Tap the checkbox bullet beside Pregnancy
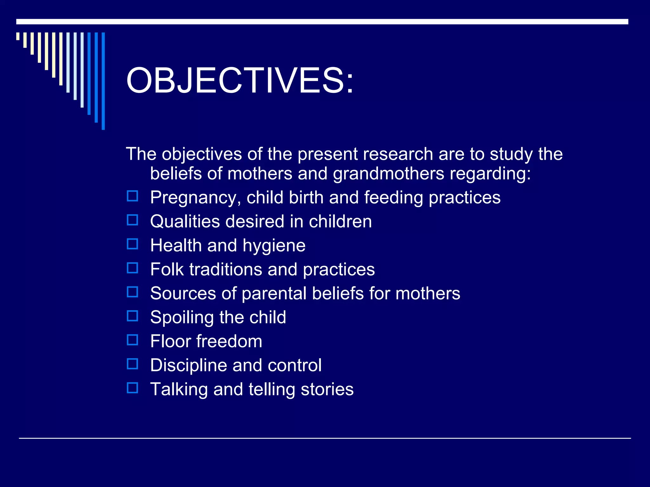click(x=132, y=196)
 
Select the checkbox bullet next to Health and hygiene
click(x=132, y=244)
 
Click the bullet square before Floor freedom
click(x=132, y=340)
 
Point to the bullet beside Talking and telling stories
click(x=132, y=388)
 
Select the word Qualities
click(x=185, y=221)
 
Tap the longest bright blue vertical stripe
click(x=103, y=81)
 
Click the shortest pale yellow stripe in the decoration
click(x=18, y=36)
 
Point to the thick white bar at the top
click(x=322, y=22)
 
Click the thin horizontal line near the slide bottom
click(x=325, y=438)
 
